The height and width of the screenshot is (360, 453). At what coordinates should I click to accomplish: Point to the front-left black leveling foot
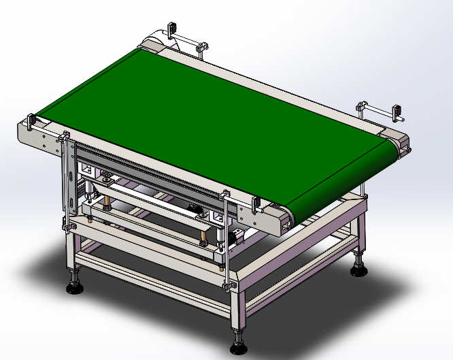[x=74, y=288]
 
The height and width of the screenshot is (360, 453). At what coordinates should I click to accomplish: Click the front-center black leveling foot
[x=237, y=348]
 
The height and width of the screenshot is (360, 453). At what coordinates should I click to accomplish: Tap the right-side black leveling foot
[x=358, y=270]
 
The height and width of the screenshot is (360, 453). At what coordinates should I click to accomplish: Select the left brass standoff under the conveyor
[x=107, y=203]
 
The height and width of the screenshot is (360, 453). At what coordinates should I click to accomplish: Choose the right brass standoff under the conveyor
[x=203, y=238]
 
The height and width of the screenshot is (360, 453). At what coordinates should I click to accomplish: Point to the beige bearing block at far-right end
[x=401, y=141]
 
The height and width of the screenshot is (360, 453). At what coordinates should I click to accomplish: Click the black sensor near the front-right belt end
[x=254, y=202]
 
